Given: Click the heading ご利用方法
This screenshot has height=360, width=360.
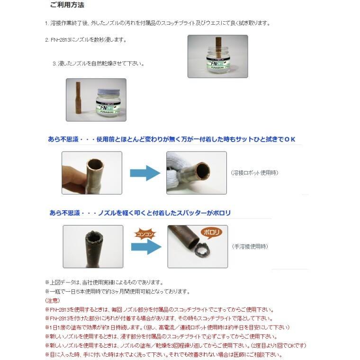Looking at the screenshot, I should click(x=67, y=6).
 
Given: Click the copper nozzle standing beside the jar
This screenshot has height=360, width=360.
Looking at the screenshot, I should click(x=77, y=99).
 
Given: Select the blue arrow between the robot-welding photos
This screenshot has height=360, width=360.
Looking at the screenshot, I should click(x=144, y=173).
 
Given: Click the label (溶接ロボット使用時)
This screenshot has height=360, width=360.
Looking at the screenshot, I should click(x=254, y=173).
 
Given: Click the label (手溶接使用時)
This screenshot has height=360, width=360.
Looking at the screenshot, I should click(x=250, y=246).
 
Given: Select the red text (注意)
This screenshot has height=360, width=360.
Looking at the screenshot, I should click(x=52, y=300).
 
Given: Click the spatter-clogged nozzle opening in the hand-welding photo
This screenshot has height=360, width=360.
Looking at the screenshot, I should click(x=92, y=237).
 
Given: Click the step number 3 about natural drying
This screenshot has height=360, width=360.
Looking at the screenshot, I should click(x=54, y=63).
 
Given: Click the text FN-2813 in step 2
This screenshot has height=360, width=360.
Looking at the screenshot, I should click(x=60, y=40).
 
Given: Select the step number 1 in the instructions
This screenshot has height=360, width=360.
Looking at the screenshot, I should click(x=46, y=23).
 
